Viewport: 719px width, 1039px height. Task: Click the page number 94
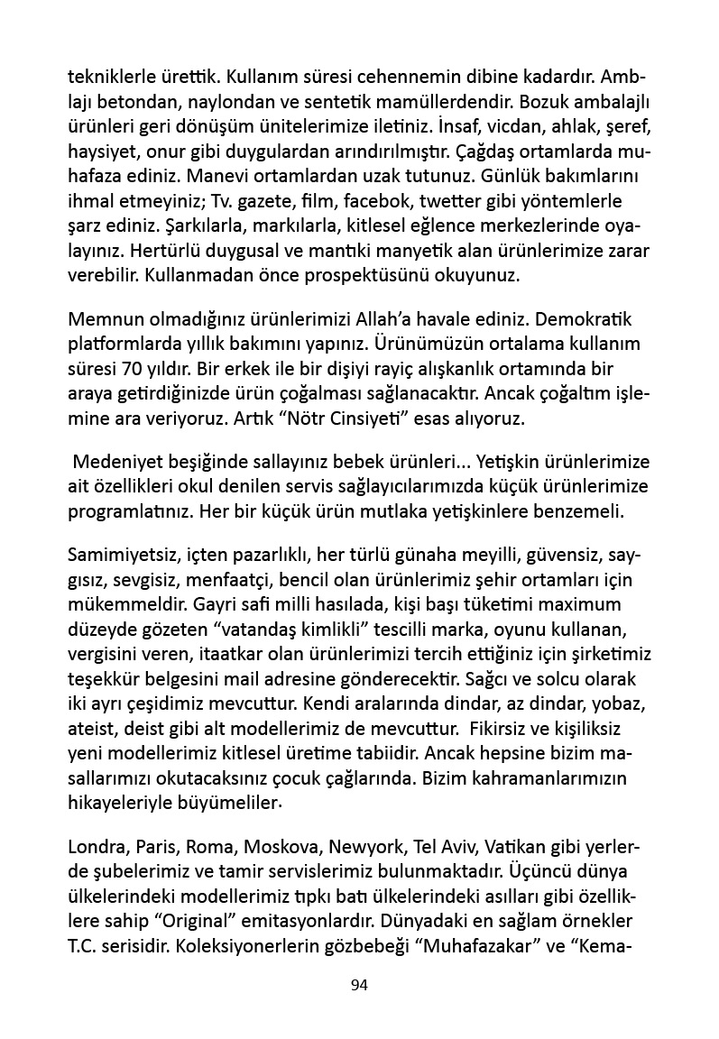coord(359,984)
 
